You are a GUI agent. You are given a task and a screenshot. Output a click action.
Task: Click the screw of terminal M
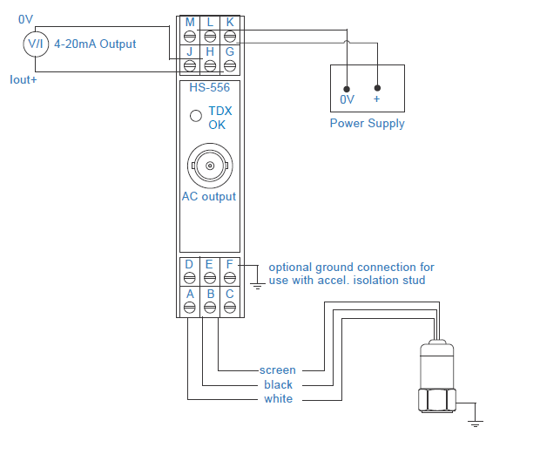[x=190, y=37]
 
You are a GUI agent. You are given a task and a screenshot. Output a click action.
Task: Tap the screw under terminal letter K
[x=230, y=37]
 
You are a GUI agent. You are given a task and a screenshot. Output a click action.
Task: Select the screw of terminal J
[x=190, y=65]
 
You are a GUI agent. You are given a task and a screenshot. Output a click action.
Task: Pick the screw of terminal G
[x=230, y=65]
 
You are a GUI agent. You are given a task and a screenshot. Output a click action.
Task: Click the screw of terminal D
[x=189, y=278]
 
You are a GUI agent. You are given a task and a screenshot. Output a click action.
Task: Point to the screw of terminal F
[x=230, y=278]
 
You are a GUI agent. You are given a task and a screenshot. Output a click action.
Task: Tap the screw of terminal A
[x=189, y=308]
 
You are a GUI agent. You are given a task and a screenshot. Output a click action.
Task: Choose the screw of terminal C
[x=230, y=308]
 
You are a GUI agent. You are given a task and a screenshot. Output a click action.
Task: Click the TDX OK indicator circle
[x=196, y=116]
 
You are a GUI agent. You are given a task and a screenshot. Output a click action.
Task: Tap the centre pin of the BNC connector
[x=210, y=166]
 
